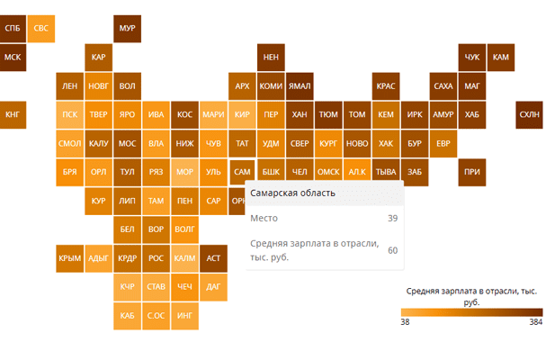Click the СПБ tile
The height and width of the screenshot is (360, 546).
(x=13, y=29)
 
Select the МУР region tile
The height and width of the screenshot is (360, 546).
(x=127, y=29)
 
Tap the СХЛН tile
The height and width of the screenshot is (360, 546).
(x=529, y=115)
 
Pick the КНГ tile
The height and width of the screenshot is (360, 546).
(x=13, y=115)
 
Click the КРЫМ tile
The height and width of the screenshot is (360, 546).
(x=69, y=258)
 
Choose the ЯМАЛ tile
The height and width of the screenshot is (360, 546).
(x=300, y=86)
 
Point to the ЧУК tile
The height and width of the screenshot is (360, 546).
(x=472, y=58)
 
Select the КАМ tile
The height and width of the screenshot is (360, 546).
(x=501, y=58)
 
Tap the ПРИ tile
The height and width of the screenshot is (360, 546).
(x=472, y=172)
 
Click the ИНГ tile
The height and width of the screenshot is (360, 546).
(x=184, y=316)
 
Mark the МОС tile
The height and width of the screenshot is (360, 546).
(x=127, y=144)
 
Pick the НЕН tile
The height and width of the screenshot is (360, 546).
(x=271, y=58)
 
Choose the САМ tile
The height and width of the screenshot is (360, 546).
(x=242, y=172)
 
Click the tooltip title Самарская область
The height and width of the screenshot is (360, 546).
(x=292, y=193)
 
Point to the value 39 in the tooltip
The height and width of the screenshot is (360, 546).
(x=392, y=218)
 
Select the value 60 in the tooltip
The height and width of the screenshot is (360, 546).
(x=392, y=250)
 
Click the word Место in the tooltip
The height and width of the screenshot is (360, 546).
(x=264, y=218)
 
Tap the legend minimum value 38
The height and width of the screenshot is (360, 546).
(x=405, y=321)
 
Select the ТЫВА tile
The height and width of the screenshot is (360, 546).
(x=386, y=172)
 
